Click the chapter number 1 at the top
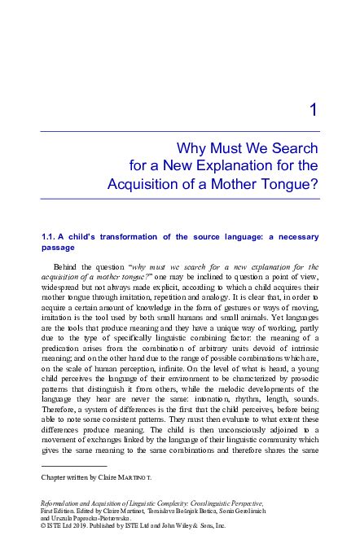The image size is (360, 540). (x=313, y=112)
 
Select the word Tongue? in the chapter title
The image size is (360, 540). (x=289, y=184)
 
